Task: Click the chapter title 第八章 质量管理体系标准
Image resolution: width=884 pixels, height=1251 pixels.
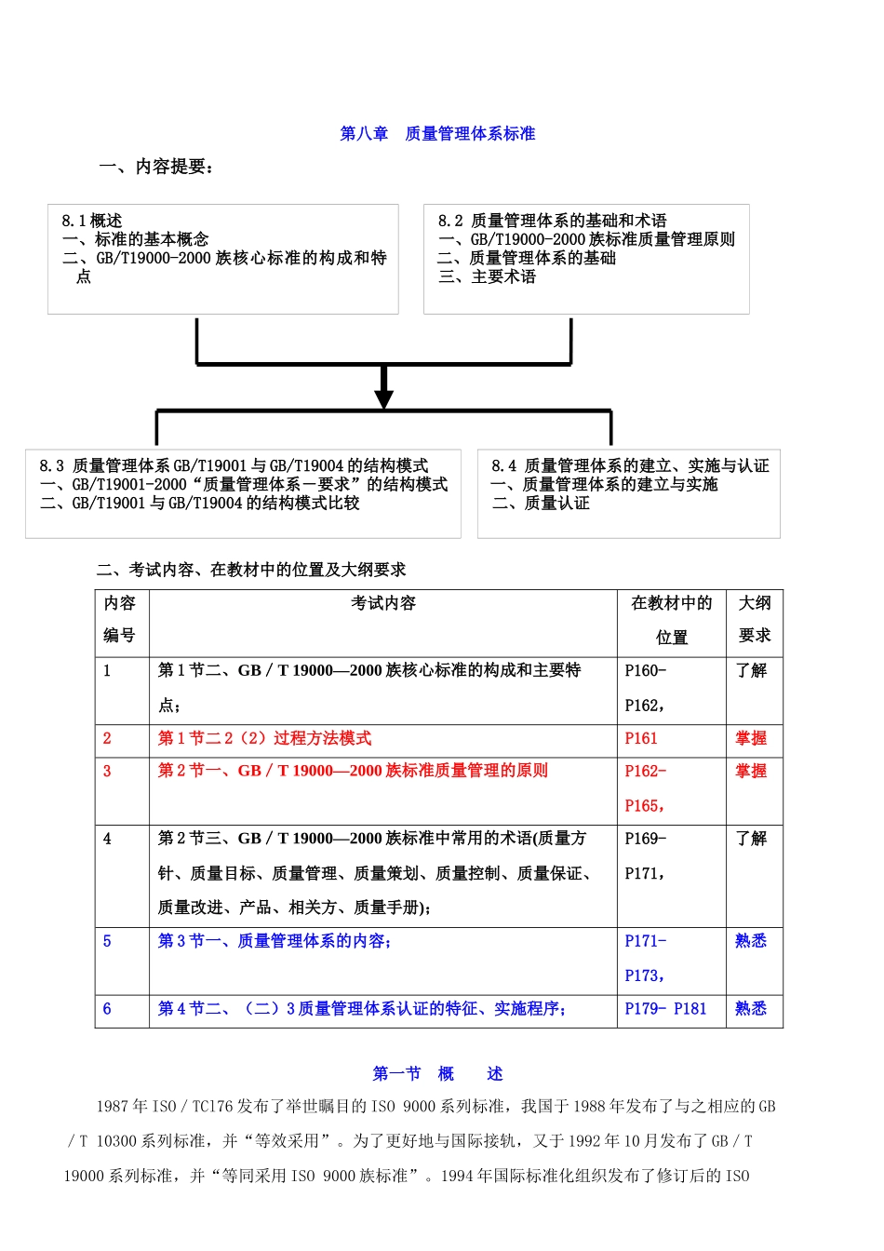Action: [x=437, y=134]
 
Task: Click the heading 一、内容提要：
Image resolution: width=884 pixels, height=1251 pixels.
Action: [x=156, y=167]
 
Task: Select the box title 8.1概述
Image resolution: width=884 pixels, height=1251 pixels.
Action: [x=91, y=221]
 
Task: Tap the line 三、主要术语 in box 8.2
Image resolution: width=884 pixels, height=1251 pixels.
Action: [x=487, y=276]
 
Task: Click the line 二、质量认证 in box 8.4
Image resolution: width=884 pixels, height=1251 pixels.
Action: [x=541, y=503]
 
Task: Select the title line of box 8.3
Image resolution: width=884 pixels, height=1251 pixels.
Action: [x=234, y=465]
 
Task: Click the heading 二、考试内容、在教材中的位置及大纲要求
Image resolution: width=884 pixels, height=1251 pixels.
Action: [x=251, y=570]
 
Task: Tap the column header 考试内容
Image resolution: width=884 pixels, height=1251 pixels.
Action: [x=382, y=603]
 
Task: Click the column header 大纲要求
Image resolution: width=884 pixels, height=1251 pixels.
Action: [x=755, y=619]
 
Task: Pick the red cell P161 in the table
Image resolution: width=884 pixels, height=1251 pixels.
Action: [x=641, y=738]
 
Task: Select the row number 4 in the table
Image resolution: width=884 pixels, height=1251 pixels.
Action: [x=107, y=839]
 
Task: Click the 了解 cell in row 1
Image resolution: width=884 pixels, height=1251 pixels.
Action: [x=751, y=670]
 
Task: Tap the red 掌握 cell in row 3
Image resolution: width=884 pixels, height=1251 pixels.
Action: [x=751, y=771]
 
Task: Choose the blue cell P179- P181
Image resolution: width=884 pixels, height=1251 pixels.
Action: [x=665, y=1009]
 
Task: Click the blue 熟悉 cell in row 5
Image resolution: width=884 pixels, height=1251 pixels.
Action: [x=751, y=941]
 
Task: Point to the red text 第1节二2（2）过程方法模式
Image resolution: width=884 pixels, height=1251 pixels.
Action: [x=264, y=738]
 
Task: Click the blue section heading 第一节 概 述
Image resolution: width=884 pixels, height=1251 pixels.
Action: [x=437, y=1074]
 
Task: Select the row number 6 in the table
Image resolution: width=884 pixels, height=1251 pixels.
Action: [x=107, y=1009]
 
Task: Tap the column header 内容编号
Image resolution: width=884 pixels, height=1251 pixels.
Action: [x=120, y=619]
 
